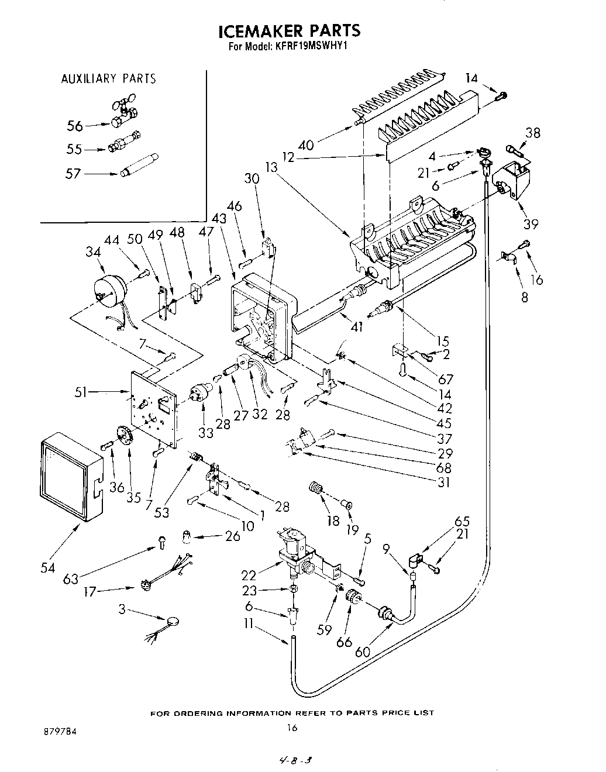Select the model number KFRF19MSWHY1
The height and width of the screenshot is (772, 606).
[311, 49]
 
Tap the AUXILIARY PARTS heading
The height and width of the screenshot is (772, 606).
[109, 78]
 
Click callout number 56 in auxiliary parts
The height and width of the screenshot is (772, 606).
[75, 125]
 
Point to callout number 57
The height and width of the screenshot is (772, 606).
[75, 173]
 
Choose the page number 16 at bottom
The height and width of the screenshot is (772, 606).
[292, 728]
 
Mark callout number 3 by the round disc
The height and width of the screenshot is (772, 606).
[122, 610]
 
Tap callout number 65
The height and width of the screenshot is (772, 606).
[462, 522]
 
